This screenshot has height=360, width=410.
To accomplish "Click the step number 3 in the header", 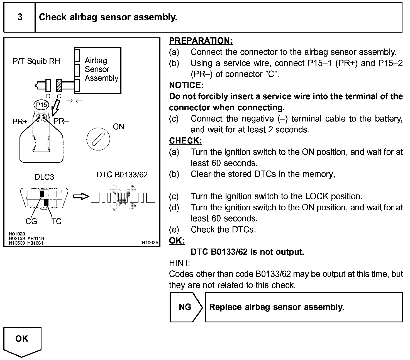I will click(20, 17).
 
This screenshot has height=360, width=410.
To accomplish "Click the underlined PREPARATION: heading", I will click(201, 41).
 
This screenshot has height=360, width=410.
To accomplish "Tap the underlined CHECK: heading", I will click(185, 141).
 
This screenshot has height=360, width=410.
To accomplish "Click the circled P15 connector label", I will click(41, 105).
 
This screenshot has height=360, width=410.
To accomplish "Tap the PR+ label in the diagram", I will click(20, 122).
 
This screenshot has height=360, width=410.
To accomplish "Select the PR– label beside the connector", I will click(61, 121).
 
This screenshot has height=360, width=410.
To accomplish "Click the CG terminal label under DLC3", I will click(31, 221).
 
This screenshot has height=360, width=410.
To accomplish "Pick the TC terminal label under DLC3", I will click(56, 221).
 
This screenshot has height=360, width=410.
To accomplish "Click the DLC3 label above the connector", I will click(44, 177).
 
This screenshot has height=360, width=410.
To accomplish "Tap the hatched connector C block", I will click(59, 86).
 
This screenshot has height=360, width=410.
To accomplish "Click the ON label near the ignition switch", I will click(118, 127).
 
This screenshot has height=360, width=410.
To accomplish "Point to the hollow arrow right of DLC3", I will click(81, 197).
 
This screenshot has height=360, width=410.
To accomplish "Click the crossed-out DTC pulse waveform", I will click(123, 197).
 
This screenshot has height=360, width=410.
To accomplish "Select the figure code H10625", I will click(150, 243).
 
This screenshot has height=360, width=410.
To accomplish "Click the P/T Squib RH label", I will click(36, 61).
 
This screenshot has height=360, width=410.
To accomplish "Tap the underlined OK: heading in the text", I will click(177, 241).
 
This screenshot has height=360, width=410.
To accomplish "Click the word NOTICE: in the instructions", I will click(186, 85).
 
